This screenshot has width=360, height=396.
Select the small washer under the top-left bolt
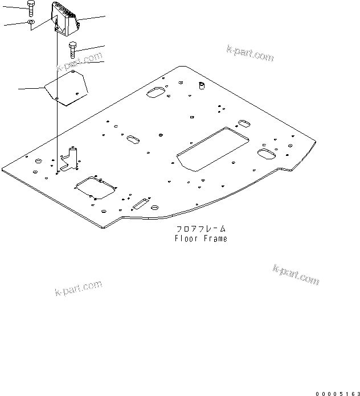coord(31,23)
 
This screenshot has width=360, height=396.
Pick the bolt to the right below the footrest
coord(73,50)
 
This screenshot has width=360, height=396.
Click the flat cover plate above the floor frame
coord(67,86)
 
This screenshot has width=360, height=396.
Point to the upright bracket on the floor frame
coord(71,159)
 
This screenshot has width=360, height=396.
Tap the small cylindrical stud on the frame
coord(201,85)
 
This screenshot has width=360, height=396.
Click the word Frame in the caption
coord(215,239)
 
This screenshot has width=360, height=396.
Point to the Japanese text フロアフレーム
coord(201,229)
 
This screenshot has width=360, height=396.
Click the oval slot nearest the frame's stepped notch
coord(265,154)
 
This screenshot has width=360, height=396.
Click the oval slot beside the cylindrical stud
coord(155,93)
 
